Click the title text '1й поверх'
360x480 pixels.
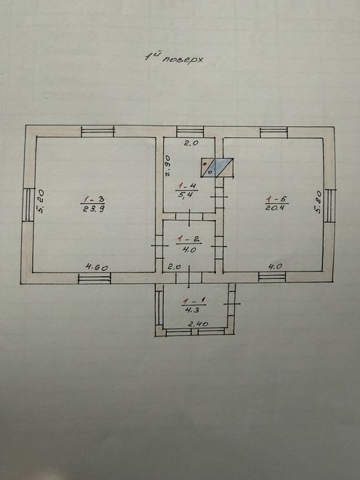point(173,58)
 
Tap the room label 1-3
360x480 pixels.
point(93,200)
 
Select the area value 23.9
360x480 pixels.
point(93,208)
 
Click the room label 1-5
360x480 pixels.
point(276,200)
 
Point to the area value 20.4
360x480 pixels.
point(276,208)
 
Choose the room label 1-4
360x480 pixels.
point(187,186)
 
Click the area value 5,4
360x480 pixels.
point(186,195)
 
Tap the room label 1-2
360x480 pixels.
point(189,239)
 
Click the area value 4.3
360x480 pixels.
point(192,310)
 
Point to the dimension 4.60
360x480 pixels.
point(97,267)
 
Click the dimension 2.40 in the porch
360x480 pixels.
point(198,324)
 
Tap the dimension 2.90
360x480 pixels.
point(168,166)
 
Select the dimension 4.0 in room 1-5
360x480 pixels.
point(275,266)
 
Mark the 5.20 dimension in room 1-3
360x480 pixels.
point(40,202)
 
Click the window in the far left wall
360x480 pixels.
point(29,205)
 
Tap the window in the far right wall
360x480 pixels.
point(330,206)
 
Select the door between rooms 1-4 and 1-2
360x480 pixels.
point(189,217)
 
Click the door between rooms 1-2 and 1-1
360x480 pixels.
point(189,278)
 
